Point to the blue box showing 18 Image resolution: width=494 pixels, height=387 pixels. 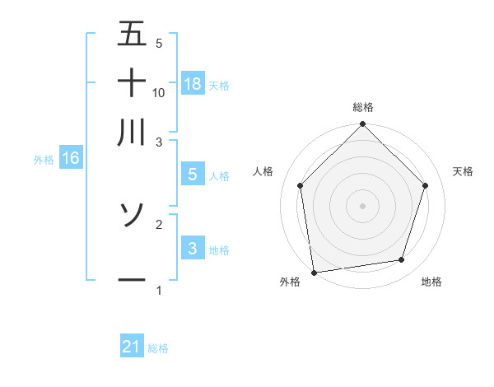pyautogui.click(x=193, y=84)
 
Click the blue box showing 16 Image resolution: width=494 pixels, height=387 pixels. pyautogui.click(x=71, y=159)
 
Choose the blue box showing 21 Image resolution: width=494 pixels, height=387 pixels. pyautogui.click(x=132, y=347)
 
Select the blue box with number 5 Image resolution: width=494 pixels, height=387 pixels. pyautogui.click(x=193, y=175)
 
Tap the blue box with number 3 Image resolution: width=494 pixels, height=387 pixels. pyautogui.click(x=193, y=249)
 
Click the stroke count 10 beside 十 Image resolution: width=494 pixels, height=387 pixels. pyautogui.click(x=159, y=92)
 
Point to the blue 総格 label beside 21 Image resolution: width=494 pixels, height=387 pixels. pyautogui.click(x=158, y=348)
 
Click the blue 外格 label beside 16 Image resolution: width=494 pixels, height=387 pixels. pyautogui.click(x=44, y=160)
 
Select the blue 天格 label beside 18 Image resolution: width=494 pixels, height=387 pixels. pyautogui.click(x=219, y=85)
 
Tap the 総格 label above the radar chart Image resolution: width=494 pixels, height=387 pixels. pyautogui.click(x=363, y=108)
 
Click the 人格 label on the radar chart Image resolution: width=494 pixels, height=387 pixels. pyautogui.click(x=263, y=171)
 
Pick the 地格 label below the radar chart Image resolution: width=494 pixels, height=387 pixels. pyautogui.click(x=431, y=282)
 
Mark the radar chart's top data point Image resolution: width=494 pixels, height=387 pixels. pyautogui.click(x=363, y=125)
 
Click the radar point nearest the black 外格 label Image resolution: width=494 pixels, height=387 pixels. pyautogui.click(x=314, y=272)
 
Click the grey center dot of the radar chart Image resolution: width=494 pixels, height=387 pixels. pyautogui.click(x=363, y=204)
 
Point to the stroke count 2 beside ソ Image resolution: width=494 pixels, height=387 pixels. pyautogui.click(x=159, y=223)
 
